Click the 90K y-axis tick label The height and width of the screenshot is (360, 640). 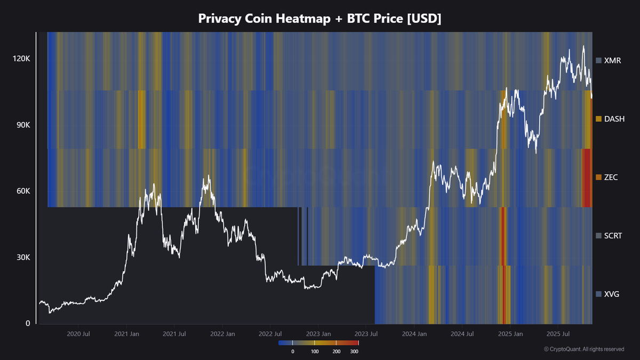[22, 125]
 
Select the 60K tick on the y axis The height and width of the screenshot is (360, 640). [22, 191]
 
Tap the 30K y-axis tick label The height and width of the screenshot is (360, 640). [22, 257]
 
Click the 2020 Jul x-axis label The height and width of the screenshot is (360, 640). [78, 334]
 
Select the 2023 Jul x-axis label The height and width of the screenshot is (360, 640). [366, 334]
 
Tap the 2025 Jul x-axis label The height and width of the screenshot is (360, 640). [557, 334]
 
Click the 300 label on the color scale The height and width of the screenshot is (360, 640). [354, 352]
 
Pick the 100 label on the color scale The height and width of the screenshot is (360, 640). [315, 352]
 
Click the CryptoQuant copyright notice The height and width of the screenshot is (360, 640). [583, 349]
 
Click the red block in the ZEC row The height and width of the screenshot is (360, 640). [587, 178]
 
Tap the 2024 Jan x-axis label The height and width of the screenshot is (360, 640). [414, 334]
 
